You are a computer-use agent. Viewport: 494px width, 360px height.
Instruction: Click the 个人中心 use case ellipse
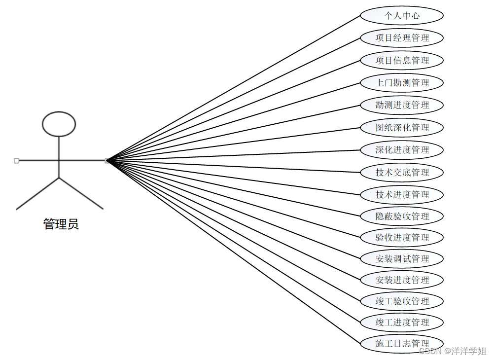tap(402, 16)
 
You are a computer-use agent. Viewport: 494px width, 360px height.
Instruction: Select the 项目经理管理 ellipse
tap(402, 38)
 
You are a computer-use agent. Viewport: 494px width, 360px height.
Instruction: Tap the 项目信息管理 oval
tap(402, 61)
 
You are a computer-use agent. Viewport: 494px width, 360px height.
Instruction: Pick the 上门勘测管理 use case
tap(402, 83)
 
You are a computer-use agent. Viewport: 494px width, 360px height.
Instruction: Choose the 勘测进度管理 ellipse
tap(402, 105)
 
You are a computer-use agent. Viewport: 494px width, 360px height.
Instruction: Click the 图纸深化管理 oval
tap(402, 128)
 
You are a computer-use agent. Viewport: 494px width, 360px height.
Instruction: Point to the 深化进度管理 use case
tap(402, 150)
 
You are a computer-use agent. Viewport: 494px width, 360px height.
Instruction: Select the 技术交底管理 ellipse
tap(402, 173)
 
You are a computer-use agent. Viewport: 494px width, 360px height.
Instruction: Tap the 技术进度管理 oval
tap(402, 195)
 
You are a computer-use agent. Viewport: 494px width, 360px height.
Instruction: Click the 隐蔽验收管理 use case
tap(402, 216)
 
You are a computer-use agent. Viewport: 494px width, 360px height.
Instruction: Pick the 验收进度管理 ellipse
tap(402, 238)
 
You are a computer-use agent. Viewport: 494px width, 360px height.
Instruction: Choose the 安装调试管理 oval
tap(402, 259)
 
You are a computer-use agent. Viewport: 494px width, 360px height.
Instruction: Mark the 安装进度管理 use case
tap(402, 280)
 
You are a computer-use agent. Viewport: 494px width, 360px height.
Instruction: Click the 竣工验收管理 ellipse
tap(402, 301)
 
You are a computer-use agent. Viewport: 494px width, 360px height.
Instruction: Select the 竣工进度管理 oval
tap(402, 323)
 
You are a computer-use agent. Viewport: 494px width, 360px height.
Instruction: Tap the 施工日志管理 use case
tap(402, 344)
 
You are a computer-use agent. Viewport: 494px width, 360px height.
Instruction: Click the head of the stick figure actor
tap(59, 124)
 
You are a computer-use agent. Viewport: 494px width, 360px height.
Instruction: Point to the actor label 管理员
tap(61, 224)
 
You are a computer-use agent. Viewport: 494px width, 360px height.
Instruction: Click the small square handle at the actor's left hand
tap(17, 161)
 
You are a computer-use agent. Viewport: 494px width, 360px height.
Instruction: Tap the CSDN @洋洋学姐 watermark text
tap(453, 351)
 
